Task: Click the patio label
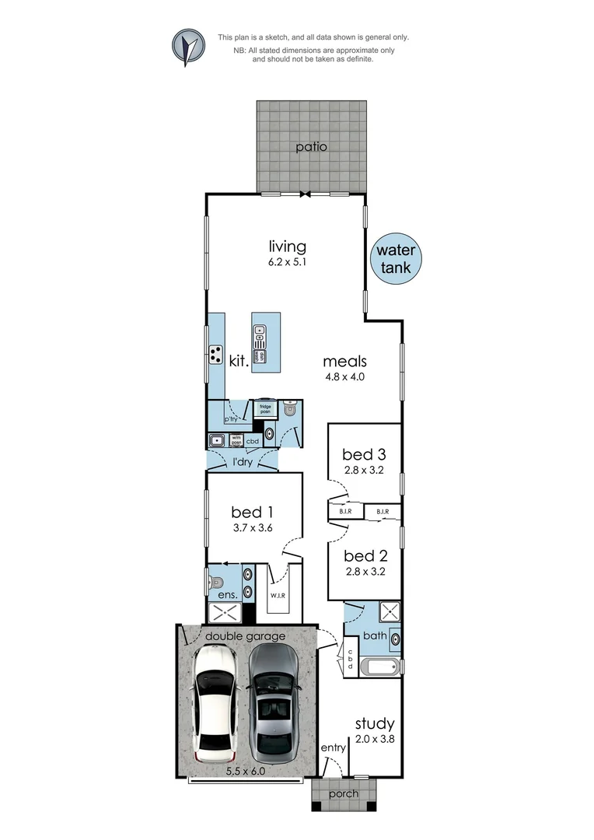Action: (x=311, y=146)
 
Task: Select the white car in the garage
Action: (x=215, y=705)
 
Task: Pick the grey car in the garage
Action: (x=271, y=705)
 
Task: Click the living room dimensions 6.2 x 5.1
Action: (x=288, y=263)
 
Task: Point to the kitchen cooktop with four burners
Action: (x=215, y=355)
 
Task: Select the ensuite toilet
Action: (x=216, y=582)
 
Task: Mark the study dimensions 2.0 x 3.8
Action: (x=375, y=740)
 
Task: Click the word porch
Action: (x=344, y=793)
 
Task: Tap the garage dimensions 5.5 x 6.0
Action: (x=246, y=771)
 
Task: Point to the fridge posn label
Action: (x=265, y=407)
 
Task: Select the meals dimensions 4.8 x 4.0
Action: (x=344, y=376)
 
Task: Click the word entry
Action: (x=333, y=747)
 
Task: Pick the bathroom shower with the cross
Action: (x=388, y=613)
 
